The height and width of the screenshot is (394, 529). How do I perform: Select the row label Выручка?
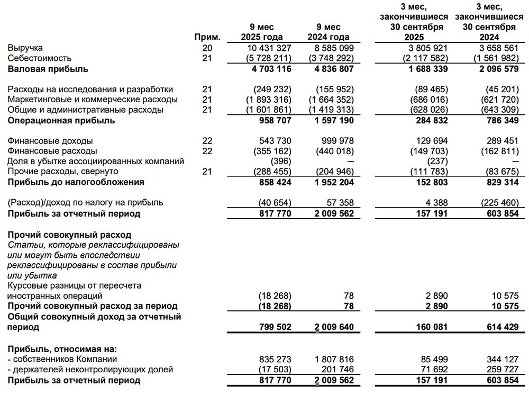tap(25, 48)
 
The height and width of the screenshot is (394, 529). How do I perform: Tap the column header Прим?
tap(207, 37)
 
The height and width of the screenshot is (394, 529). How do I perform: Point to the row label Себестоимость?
tap(40, 58)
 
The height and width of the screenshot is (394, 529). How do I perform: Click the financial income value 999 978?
tap(335, 141)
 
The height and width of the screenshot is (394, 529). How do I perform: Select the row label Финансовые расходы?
tap(50, 151)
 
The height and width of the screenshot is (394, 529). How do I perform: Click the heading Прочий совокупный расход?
tap(69, 235)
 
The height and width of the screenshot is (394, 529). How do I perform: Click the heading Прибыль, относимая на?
tap(62, 349)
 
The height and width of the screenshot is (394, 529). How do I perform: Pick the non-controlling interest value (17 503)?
tap(276, 370)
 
